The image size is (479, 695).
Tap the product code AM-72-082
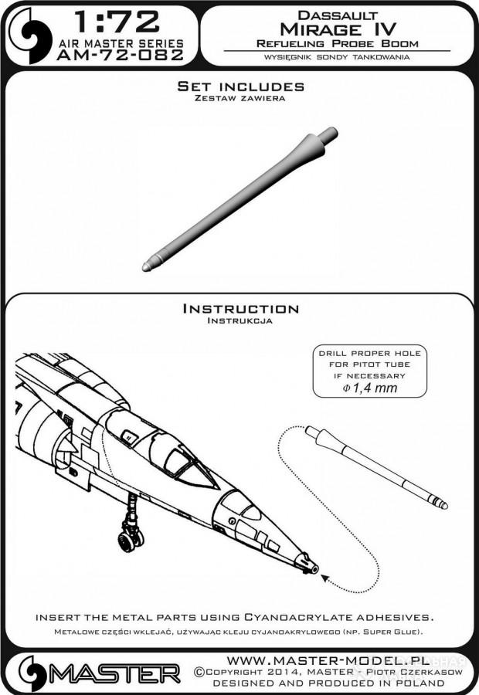(121, 55)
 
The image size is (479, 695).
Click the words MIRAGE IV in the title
(338, 29)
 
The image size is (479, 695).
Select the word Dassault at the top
(338, 15)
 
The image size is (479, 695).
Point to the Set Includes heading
(241, 86)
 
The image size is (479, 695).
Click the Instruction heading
(241, 308)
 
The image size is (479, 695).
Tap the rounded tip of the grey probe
(146, 267)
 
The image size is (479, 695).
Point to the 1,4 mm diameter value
(370, 388)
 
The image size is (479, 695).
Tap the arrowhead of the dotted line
(324, 578)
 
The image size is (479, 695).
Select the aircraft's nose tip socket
(310, 564)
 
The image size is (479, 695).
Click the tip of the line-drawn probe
(444, 506)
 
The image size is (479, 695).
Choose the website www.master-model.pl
(328, 661)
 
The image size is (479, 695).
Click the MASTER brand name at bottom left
(114, 673)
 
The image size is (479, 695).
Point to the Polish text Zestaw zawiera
(240, 98)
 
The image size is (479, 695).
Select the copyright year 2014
(280, 672)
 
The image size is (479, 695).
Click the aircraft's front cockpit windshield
(195, 476)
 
